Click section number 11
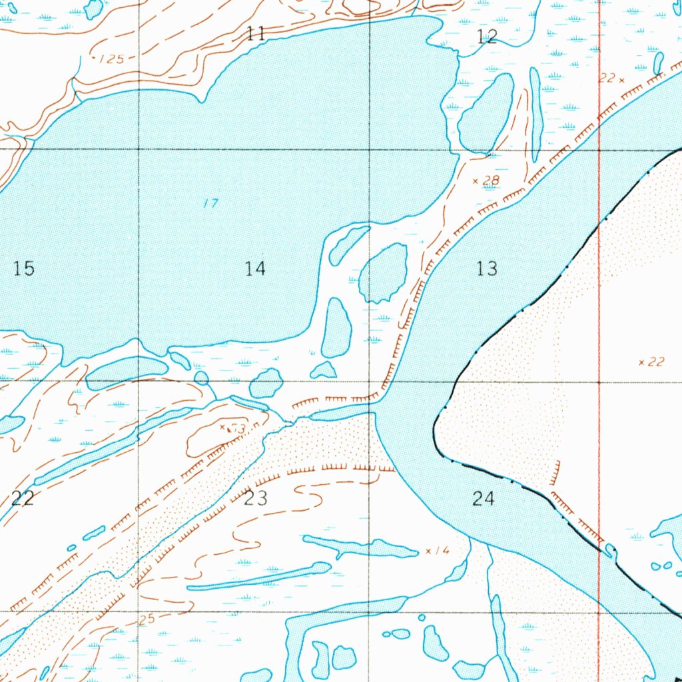256,34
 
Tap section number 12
488,37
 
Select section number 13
488,268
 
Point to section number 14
255,268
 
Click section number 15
23,268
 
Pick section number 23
256,498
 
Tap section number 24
484,498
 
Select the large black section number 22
23,498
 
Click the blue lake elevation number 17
210,203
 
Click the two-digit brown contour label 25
147,620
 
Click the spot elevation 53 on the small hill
235,428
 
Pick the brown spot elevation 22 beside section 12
607,79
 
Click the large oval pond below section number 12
486,113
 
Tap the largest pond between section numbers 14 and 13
384,272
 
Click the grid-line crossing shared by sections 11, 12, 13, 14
370,150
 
